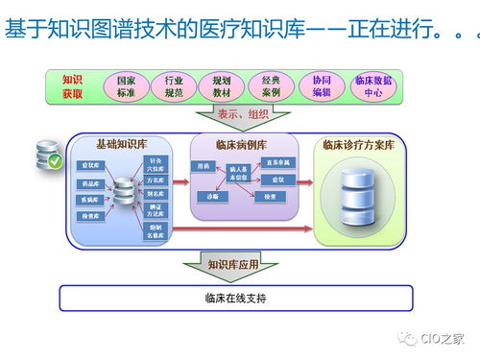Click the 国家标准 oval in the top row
125,87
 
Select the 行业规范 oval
174,87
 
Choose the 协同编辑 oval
321,87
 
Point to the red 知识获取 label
72,87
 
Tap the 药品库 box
89,182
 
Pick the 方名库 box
156,179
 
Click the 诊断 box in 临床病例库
207,196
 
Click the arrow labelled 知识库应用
236,262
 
